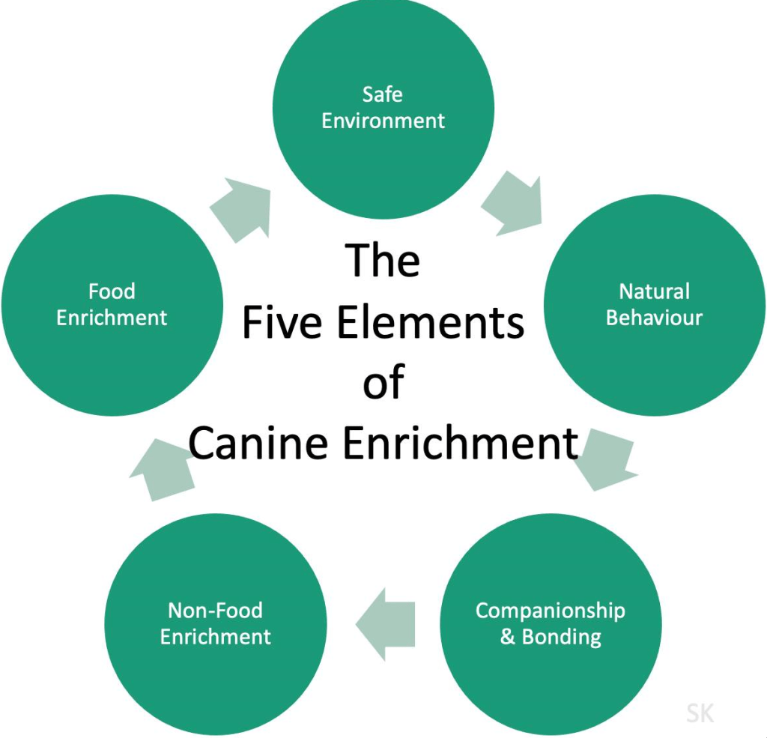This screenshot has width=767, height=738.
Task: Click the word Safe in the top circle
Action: click(x=382, y=94)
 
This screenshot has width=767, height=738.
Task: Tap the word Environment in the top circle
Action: click(x=383, y=121)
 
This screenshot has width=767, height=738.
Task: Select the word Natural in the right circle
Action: click(x=654, y=291)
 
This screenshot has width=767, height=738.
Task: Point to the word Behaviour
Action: click(x=654, y=317)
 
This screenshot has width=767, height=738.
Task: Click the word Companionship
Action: click(x=550, y=610)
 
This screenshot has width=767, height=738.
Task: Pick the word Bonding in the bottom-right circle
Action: click(x=561, y=637)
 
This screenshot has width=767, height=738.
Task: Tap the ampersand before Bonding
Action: click(x=508, y=637)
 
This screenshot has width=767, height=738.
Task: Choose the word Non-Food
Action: click(x=215, y=610)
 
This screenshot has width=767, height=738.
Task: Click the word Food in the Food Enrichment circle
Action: click(x=112, y=291)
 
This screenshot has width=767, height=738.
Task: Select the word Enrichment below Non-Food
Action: click(x=215, y=637)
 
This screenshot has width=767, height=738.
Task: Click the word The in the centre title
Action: click(x=383, y=260)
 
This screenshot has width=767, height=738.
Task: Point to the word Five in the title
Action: click(x=282, y=322)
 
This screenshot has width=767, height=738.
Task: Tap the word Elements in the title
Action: click(x=429, y=322)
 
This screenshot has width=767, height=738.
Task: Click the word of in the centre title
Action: click(x=383, y=383)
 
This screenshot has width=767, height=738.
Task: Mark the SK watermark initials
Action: click(x=700, y=713)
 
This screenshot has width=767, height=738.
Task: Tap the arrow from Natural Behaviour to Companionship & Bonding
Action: click(x=607, y=459)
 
